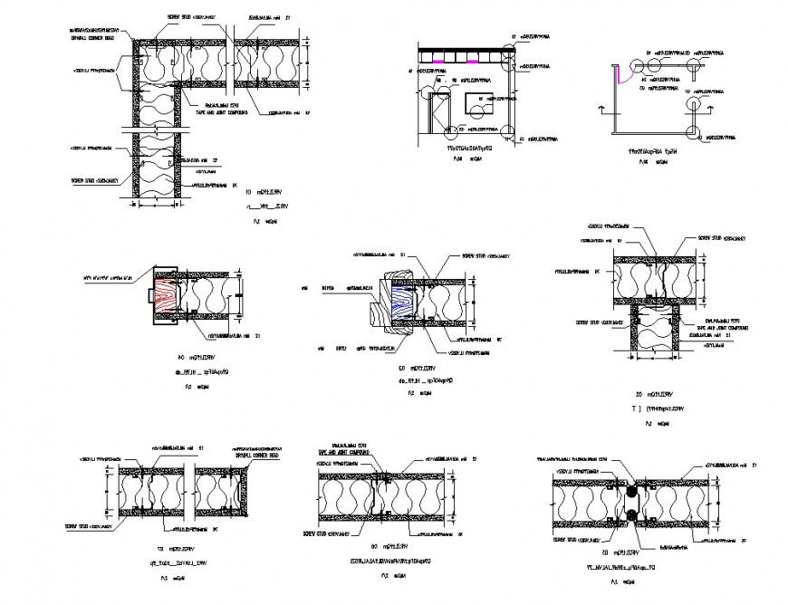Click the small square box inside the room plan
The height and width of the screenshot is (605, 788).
tap(476, 109)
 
